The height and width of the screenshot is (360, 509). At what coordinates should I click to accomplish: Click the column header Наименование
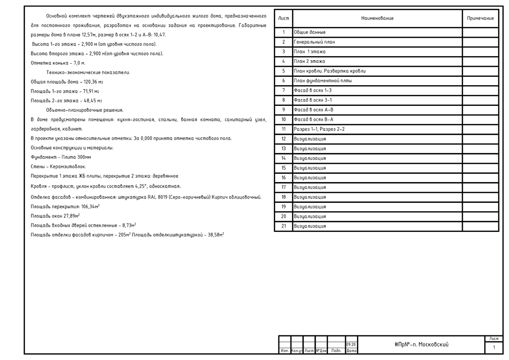377,18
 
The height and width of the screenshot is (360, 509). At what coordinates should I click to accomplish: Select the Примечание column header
480,18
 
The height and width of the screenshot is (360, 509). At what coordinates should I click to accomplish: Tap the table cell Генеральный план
314,42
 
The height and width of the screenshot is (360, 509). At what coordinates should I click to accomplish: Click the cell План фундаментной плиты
322,81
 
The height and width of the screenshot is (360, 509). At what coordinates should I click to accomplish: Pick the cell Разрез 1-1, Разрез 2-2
319,129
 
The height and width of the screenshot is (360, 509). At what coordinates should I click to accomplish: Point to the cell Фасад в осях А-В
313,110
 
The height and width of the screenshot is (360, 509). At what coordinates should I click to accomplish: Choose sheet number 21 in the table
284,226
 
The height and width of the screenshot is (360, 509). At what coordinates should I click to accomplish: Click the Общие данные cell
309,32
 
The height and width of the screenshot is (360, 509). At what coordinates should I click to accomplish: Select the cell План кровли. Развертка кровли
329,71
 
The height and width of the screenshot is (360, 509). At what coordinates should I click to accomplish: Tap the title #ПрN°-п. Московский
421,344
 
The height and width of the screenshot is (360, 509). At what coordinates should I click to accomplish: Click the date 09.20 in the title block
351,344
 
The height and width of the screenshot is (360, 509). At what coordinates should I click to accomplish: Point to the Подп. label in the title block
336,351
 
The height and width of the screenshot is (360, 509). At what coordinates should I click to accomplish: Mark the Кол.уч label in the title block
297,351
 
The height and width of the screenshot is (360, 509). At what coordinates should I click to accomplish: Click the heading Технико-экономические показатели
88,72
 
